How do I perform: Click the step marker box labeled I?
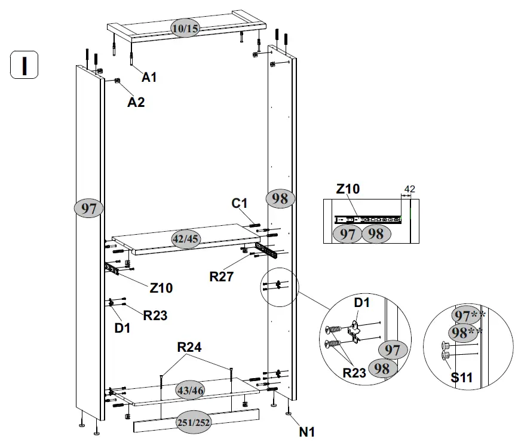pos(24,65)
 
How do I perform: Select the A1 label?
pos(149,77)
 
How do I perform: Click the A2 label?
pos(136,102)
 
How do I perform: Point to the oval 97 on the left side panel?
pos(88,208)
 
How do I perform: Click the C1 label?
pos(240,204)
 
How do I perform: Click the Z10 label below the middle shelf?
pos(161,288)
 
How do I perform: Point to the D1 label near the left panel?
pos(122,327)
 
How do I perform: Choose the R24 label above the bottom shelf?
pos(189,348)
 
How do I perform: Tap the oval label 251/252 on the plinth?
pos(194,423)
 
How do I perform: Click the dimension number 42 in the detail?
pos(409,189)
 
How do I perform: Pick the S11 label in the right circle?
pos(462,377)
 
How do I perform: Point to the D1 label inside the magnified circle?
pos(363,302)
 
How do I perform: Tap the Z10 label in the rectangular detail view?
pos(348,190)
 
